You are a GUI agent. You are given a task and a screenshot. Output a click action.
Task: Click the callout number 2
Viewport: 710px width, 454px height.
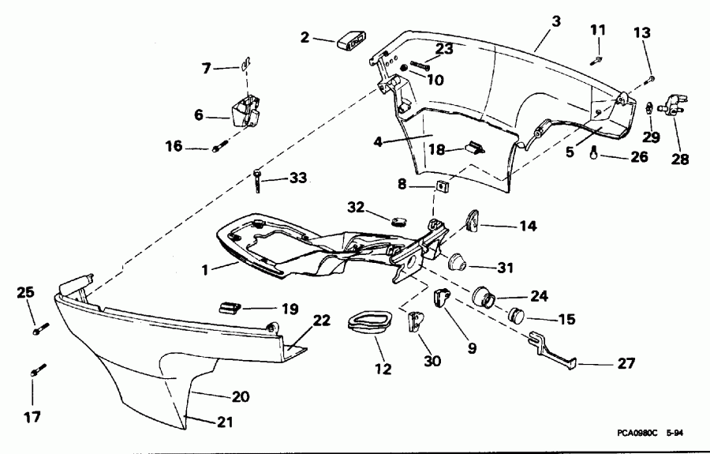coord(305,36)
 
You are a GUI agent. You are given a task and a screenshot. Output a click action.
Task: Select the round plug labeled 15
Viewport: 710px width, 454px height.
coord(516,315)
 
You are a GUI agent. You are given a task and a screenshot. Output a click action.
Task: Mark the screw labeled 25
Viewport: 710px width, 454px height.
coord(39,326)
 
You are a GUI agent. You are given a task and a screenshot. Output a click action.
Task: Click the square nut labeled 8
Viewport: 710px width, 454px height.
coord(442,187)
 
